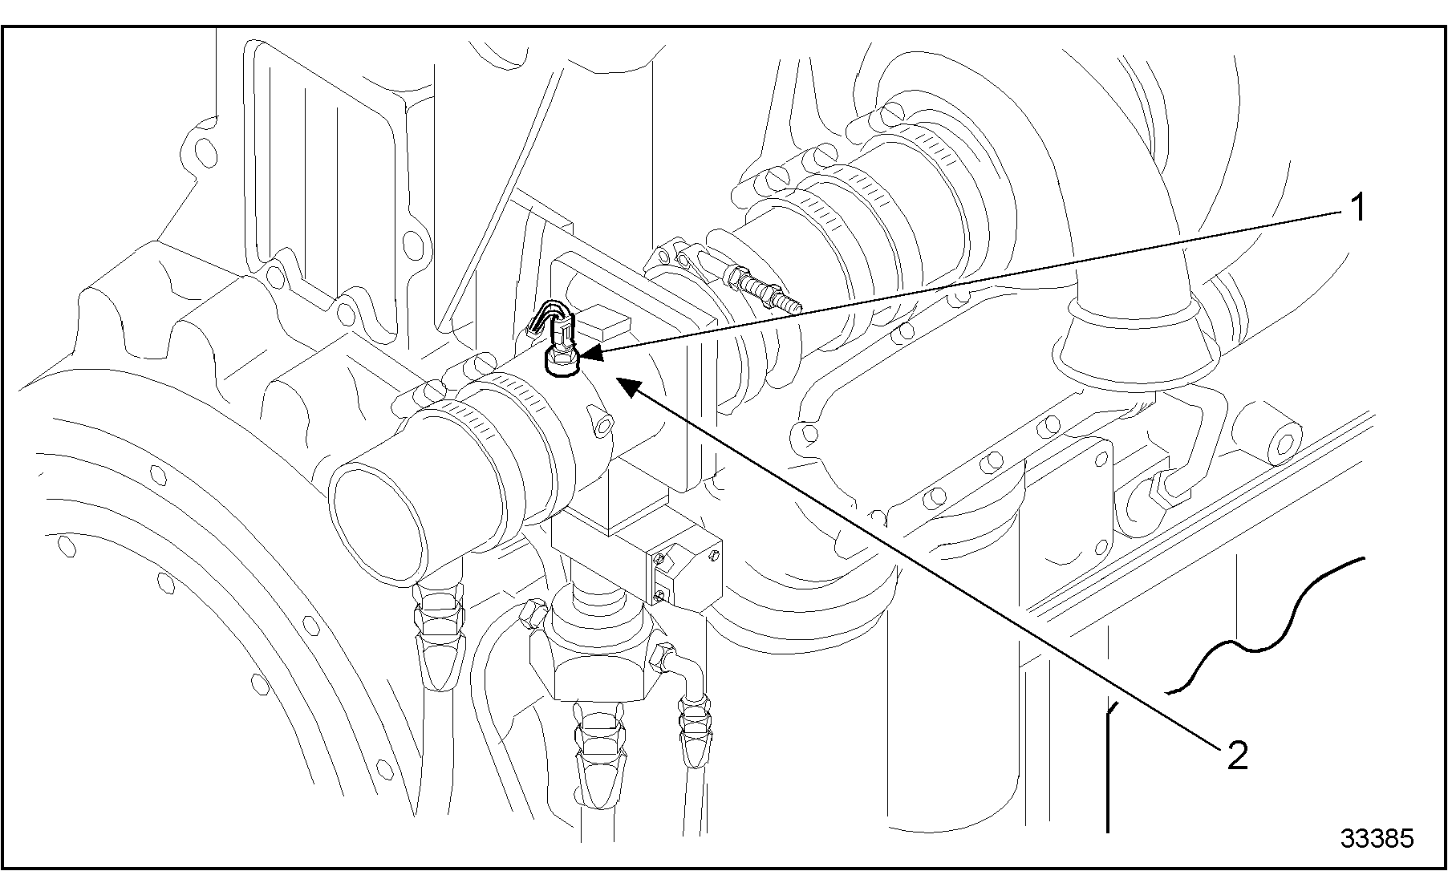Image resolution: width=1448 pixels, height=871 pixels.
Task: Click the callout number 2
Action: pyautogui.click(x=1237, y=756)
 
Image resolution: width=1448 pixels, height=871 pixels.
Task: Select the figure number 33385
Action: pyautogui.click(x=1377, y=838)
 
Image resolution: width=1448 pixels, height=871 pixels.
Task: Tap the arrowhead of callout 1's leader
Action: pyautogui.click(x=584, y=353)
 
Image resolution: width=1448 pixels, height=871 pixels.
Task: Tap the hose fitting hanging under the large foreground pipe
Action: pyautogui.click(x=438, y=634)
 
